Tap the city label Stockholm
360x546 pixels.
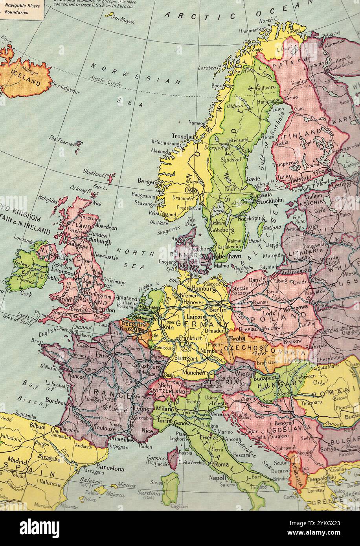[270, 200]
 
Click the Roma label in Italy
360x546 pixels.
[222, 464]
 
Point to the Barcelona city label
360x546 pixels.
[110, 469]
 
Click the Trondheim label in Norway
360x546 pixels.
[185, 137]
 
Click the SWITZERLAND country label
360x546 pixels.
[167, 392]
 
